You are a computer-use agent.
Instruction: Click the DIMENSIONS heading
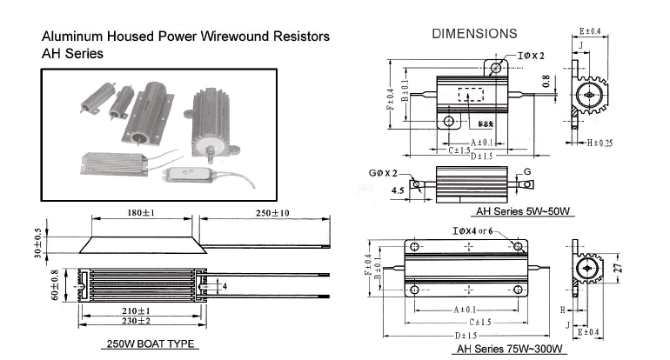[x=474, y=34]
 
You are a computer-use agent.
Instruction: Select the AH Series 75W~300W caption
[x=513, y=350]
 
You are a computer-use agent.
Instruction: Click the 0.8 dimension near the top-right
[x=547, y=83]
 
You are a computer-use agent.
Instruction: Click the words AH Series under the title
[x=73, y=53]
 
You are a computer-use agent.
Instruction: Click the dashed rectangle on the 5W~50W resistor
[x=471, y=96]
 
